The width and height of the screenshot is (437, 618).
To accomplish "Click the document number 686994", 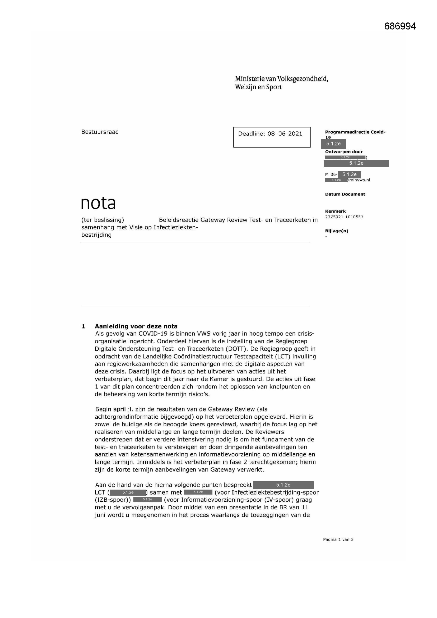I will tap(400, 26).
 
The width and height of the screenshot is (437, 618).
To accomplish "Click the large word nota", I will tap(98, 203).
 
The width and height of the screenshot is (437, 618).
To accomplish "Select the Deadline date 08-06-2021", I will tap(285, 134).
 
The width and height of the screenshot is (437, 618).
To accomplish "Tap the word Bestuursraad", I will tap(100, 132).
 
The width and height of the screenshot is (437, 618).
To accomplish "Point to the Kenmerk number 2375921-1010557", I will tap(344, 217).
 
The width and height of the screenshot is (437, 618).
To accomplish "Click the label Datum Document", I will tap(345, 194).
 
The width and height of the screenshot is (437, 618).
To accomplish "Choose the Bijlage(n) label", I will tap(336, 231).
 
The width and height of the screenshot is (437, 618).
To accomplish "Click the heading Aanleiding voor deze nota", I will tap(136, 326).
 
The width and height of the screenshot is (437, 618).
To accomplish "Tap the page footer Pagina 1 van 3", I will tap(338, 539).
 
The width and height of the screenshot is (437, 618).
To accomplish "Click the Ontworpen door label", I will tap(344, 152).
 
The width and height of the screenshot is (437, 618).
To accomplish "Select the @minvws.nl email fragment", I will tap(359, 180).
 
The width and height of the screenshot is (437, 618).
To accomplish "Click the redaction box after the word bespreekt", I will tap(283, 485).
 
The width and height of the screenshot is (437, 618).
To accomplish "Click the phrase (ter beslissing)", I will tap(103, 220).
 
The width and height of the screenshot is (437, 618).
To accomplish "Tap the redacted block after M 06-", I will tap(349, 174).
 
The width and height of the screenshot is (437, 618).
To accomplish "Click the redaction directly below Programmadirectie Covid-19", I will tap(333, 144).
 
